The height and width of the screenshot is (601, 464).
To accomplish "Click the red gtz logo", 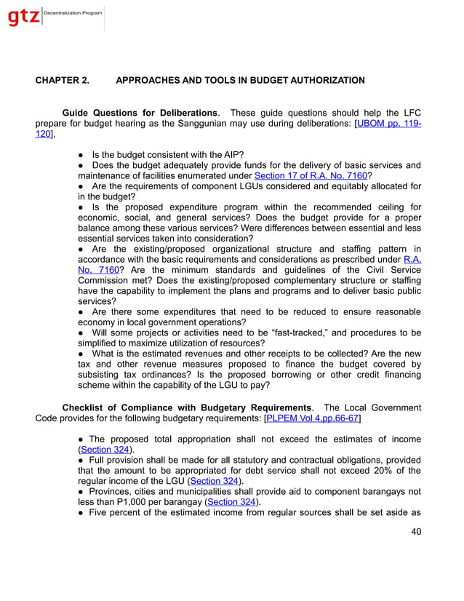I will tap(23, 17).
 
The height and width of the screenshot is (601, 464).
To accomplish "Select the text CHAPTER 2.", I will tap(63, 80).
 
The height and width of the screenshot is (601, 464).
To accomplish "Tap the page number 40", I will tap(415, 531).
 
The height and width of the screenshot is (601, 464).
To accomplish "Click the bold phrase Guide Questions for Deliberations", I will tap(140, 113).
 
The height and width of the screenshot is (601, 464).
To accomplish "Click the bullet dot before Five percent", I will tap(81, 513).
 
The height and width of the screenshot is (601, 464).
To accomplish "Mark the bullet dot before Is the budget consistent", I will tap(81, 154).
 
